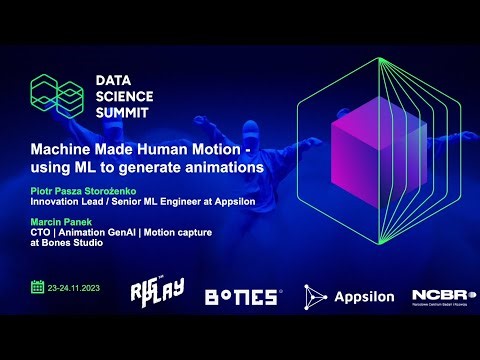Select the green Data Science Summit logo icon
(x=58, y=96)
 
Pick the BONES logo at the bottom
(x=243, y=296)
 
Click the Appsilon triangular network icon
(x=316, y=296)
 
